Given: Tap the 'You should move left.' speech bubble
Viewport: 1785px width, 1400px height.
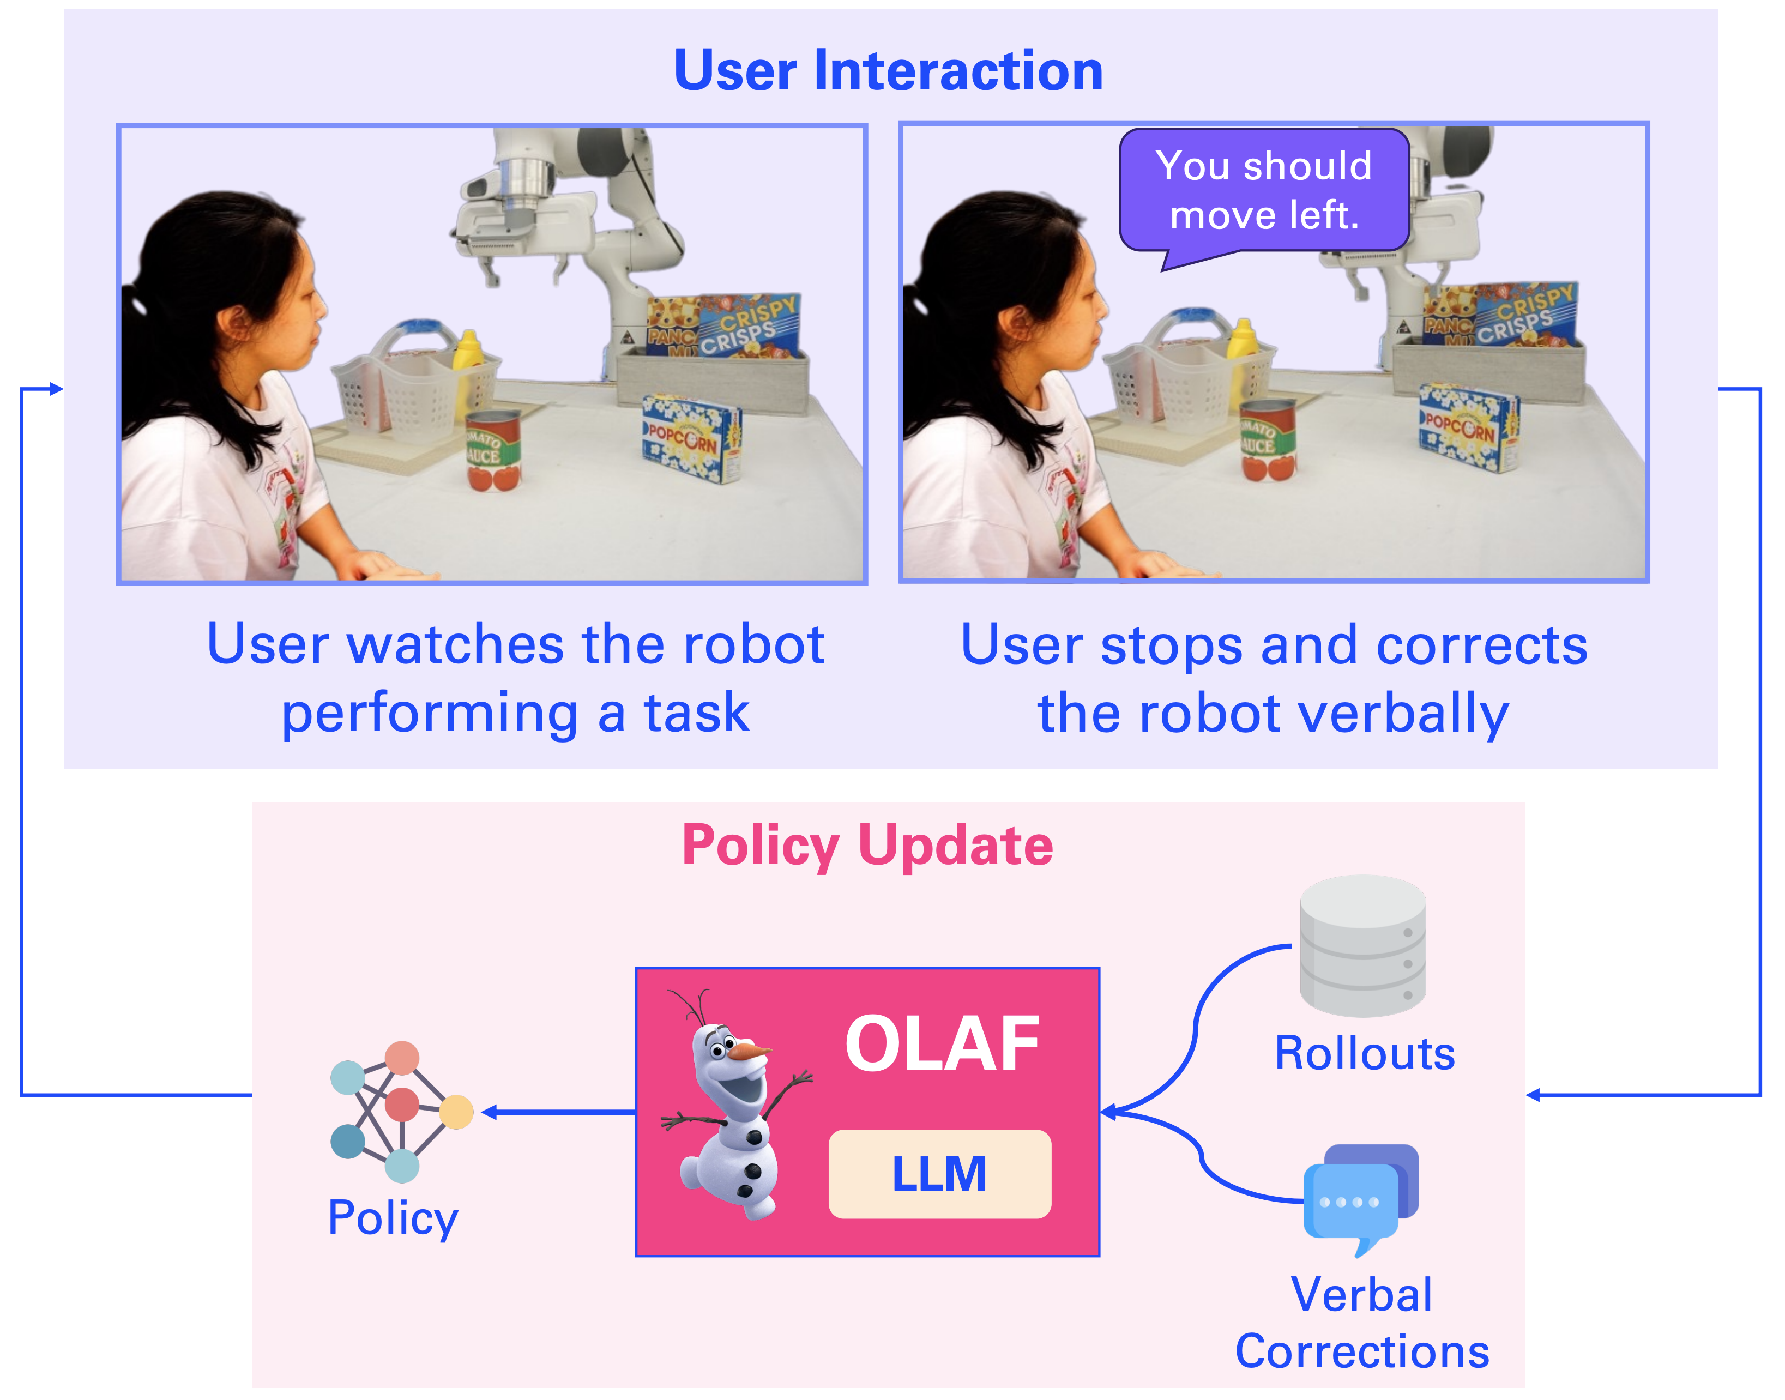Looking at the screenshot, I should point(1264,190).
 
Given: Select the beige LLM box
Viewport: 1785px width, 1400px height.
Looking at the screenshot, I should point(939,1174).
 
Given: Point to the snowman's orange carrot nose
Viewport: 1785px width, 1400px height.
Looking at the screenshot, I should point(750,1051).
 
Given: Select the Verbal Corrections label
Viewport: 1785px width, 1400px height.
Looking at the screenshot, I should point(1362,1323).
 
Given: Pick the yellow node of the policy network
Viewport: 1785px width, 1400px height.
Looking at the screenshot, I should point(456,1112).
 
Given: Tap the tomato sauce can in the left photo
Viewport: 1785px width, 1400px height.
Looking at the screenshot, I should point(493,450).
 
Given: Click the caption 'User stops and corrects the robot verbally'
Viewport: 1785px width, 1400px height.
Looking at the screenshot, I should point(1274,678).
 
